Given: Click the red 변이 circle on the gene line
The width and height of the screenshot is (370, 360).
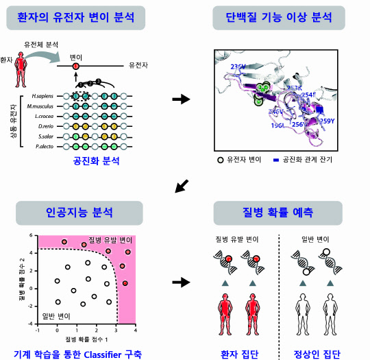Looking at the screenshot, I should pos(76,67).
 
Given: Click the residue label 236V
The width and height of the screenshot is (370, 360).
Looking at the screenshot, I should pos(238,67).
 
